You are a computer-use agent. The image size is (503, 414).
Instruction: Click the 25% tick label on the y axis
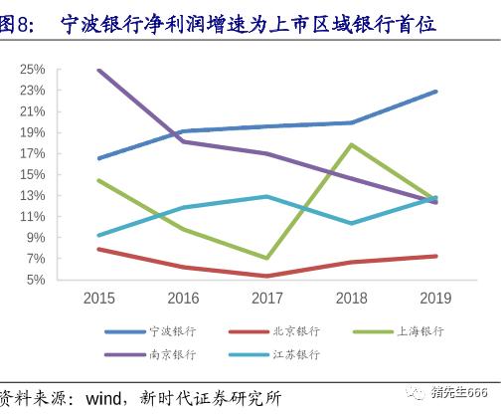(x=31, y=69)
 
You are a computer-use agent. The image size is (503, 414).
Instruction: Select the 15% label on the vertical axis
(x=31, y=174)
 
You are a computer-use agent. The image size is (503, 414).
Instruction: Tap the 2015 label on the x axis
(x=98, y=298)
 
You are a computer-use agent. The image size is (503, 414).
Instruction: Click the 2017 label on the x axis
(x=267, y=298)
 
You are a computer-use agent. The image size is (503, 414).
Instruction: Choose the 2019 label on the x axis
(x=435, y=298)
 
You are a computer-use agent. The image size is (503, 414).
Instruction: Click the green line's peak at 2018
(x=351, y=145)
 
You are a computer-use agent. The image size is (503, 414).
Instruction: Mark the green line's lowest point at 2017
(x=267, y=258)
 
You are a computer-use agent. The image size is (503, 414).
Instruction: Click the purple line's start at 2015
(x=98, y=70)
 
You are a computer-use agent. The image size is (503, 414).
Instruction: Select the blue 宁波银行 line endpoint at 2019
(x=435, y=92)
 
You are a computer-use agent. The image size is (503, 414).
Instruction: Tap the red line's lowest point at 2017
(x=267, y=276)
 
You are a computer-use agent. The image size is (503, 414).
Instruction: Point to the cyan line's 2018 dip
(x=351, y=223)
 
